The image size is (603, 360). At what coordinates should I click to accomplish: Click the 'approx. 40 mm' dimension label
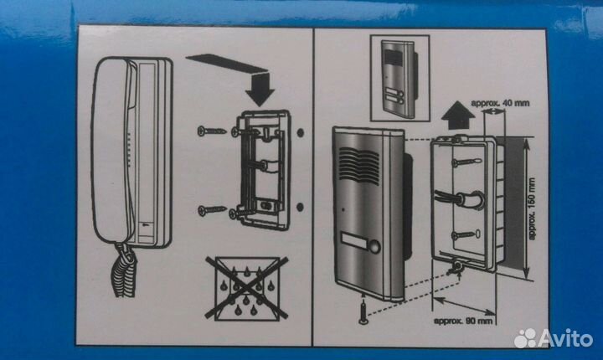tap(500, 103)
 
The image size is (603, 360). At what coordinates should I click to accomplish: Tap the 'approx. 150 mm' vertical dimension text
tap(532, 208)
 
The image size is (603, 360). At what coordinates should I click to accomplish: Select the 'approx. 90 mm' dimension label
tap(463, 321)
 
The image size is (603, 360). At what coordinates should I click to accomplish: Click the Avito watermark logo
tap(553, 338)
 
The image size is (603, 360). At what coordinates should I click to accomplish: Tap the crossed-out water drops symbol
tap(247, 288)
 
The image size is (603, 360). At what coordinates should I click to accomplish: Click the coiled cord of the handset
tap(124, 271)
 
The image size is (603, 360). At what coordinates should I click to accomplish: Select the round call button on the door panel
tap(374, 246)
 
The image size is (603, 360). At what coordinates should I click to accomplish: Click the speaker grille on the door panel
tap(358, 166)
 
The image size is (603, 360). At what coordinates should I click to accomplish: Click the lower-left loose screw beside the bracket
tap(212, 210)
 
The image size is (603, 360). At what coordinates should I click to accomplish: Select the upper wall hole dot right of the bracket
tap(301, 132)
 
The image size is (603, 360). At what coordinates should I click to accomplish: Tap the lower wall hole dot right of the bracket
tap(301, 207)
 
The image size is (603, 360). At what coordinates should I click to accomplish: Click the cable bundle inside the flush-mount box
tap(460, 199)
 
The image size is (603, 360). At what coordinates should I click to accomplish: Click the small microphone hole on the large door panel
tap(343, 210)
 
